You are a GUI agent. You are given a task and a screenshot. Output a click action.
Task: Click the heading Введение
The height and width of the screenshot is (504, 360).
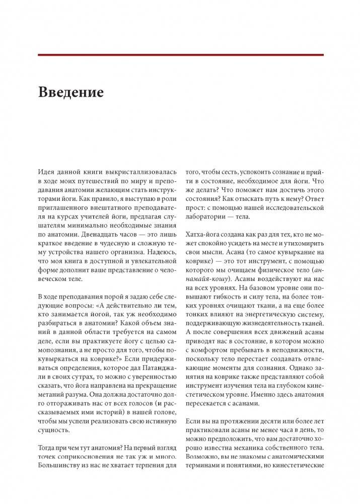[70, 93]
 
